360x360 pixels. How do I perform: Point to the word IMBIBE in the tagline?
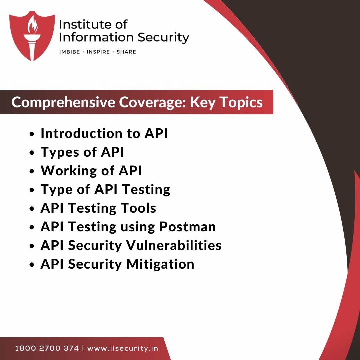point(69,52)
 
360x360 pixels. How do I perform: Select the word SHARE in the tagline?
point(126,52)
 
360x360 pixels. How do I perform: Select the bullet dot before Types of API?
point(32,153)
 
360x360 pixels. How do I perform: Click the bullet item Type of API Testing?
point(105,189)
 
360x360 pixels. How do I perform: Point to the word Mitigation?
point(160,264)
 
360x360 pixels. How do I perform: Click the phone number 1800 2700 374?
point(47,349)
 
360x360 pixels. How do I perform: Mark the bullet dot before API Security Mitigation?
point(32,265)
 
